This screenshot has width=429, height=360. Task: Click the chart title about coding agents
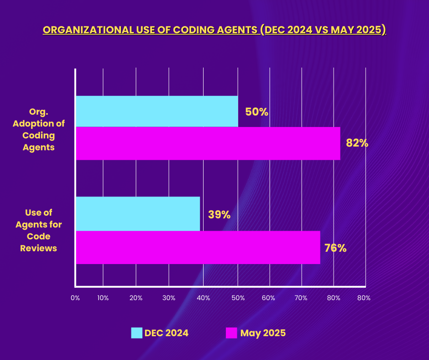click(214, 30)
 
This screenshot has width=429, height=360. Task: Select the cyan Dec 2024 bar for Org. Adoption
click(157, 111)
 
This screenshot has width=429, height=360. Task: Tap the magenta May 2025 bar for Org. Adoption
click(208, 143)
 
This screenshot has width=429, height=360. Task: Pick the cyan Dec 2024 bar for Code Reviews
click(137, 214)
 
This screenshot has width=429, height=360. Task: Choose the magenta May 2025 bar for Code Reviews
click(198, 247)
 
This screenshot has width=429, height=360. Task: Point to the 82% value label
click(357, 143)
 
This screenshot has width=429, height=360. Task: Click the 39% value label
click(219, 214)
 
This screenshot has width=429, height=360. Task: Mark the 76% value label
click(335, 249)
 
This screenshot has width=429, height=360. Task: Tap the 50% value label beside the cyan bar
click(256, 111)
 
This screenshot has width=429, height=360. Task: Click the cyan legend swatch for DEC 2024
click(136, 333)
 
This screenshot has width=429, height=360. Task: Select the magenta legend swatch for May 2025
click(232, 333)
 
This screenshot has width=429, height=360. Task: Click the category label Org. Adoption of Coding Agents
click(39, 135)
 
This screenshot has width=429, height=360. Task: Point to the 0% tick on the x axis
click(75, 298)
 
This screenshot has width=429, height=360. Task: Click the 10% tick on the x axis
click(103, 298)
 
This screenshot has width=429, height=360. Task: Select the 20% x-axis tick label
click(136, 298)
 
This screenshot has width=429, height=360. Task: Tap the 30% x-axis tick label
click(169, 298)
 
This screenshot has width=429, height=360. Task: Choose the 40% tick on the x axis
click(203, 298)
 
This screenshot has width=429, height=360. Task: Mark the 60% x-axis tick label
click(268, 298)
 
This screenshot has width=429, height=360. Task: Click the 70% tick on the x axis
click(301, 298)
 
